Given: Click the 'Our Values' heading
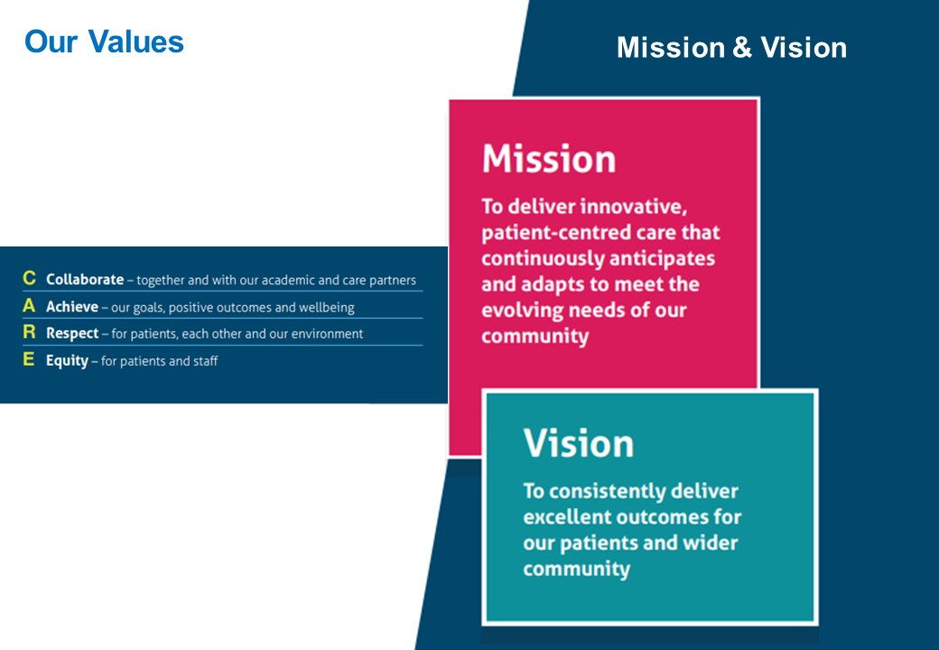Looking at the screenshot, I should pyautogui.click(x=104, y=42).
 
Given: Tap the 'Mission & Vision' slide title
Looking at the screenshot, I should pyautogui.click(x=731, y=48).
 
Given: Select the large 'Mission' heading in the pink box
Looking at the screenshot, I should pyautogui.click(x=549, y=159).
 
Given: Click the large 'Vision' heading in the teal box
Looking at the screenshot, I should pyautogui.click(x=578, y=443).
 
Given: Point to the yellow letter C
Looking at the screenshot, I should pyautogui.click(x=29, y=280).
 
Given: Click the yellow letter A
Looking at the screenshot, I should pyautogui.click(x=29, y=307).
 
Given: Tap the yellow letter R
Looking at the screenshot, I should pyautogui.click(x=29, y=333).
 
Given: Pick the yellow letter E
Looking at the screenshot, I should pyautogui.click(x=29, y=360).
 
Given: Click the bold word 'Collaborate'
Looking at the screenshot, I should pyautogui.click(x=84, y=280).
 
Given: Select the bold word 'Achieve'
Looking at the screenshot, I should pyautogui.click(x=72, y=307).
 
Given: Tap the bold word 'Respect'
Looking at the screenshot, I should pyautogui.click(x=72, y=334).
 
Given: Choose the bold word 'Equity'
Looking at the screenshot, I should pyautogui.click(x=67, y=361).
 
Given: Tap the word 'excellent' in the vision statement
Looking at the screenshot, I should pyautogui.click(x=566, y=517).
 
